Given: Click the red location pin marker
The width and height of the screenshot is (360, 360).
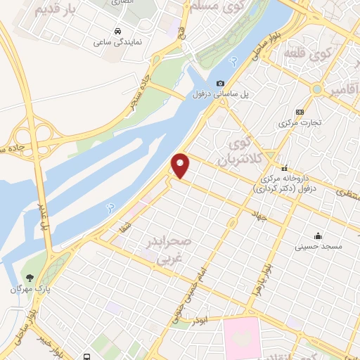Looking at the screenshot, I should pos(181,166).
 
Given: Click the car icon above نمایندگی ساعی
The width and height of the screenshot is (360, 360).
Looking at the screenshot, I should pos(117,32).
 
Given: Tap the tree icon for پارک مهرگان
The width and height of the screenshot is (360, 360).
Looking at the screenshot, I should pos(29,278).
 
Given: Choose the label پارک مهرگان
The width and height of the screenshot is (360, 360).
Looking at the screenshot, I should pos(27,289).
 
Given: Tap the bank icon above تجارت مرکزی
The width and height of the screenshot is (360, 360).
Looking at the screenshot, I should pos(300,111).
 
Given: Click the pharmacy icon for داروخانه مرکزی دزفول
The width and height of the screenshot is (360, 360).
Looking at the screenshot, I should pos(285,169).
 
